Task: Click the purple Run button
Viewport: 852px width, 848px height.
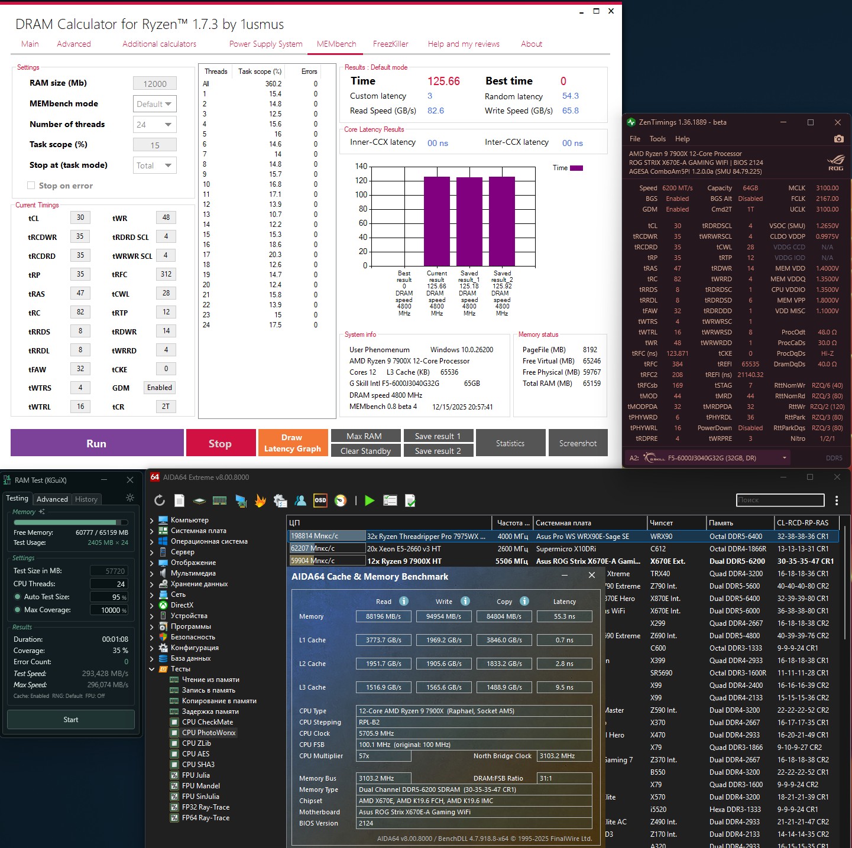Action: tap(96, 443)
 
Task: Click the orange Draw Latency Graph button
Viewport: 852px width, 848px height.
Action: tap(293, 443)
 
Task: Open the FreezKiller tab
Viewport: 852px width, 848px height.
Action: tap(390, 44)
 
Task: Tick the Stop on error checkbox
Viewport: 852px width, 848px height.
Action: tap(31, 186)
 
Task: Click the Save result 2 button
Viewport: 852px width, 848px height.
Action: tap(438, 451)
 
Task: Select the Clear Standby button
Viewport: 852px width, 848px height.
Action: tap(365, 451)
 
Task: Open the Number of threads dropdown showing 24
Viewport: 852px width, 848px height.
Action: tap(155, 125)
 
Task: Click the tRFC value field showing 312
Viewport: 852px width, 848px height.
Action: tap(166, 274)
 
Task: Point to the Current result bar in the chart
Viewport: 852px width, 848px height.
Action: tap(437, 221)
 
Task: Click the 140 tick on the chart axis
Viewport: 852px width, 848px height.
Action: tap(361, 166)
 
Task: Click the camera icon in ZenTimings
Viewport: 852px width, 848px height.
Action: tap(838, 139)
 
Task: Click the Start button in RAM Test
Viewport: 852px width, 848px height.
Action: tap(71, 720)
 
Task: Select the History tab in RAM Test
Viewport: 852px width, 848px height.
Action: tap(86, 499)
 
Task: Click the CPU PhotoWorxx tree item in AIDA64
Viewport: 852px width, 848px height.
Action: tap(209, 733)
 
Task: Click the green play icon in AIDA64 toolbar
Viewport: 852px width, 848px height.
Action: tap(370, 501)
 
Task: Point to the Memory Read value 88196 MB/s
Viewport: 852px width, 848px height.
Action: tap(383, 616)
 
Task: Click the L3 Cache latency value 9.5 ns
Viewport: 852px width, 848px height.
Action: tap(564, 687)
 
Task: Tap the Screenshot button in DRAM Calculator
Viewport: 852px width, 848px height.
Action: tap(578, 443)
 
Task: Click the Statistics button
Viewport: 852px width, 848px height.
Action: tap(510, 443)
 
